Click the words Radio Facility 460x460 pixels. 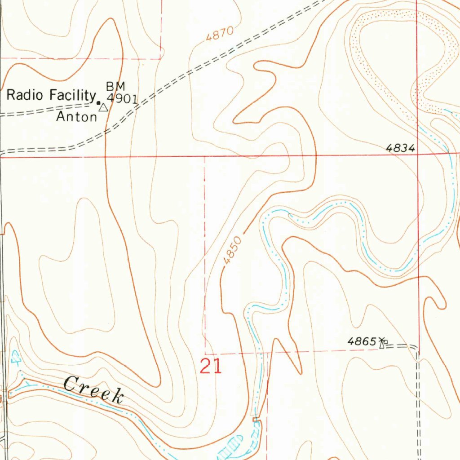51,95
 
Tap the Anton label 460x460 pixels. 76,117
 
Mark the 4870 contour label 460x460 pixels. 220,35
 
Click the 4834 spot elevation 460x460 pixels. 400,148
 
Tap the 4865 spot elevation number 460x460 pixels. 361,341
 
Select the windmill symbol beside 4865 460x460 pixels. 382,343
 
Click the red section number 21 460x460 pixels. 211,367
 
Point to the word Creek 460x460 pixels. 93,389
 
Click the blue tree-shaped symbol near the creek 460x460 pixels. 16,357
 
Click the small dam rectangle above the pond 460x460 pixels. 256,420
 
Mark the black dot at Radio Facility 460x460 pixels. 98,102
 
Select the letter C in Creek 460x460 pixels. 70,384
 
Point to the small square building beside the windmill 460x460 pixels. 386,342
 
